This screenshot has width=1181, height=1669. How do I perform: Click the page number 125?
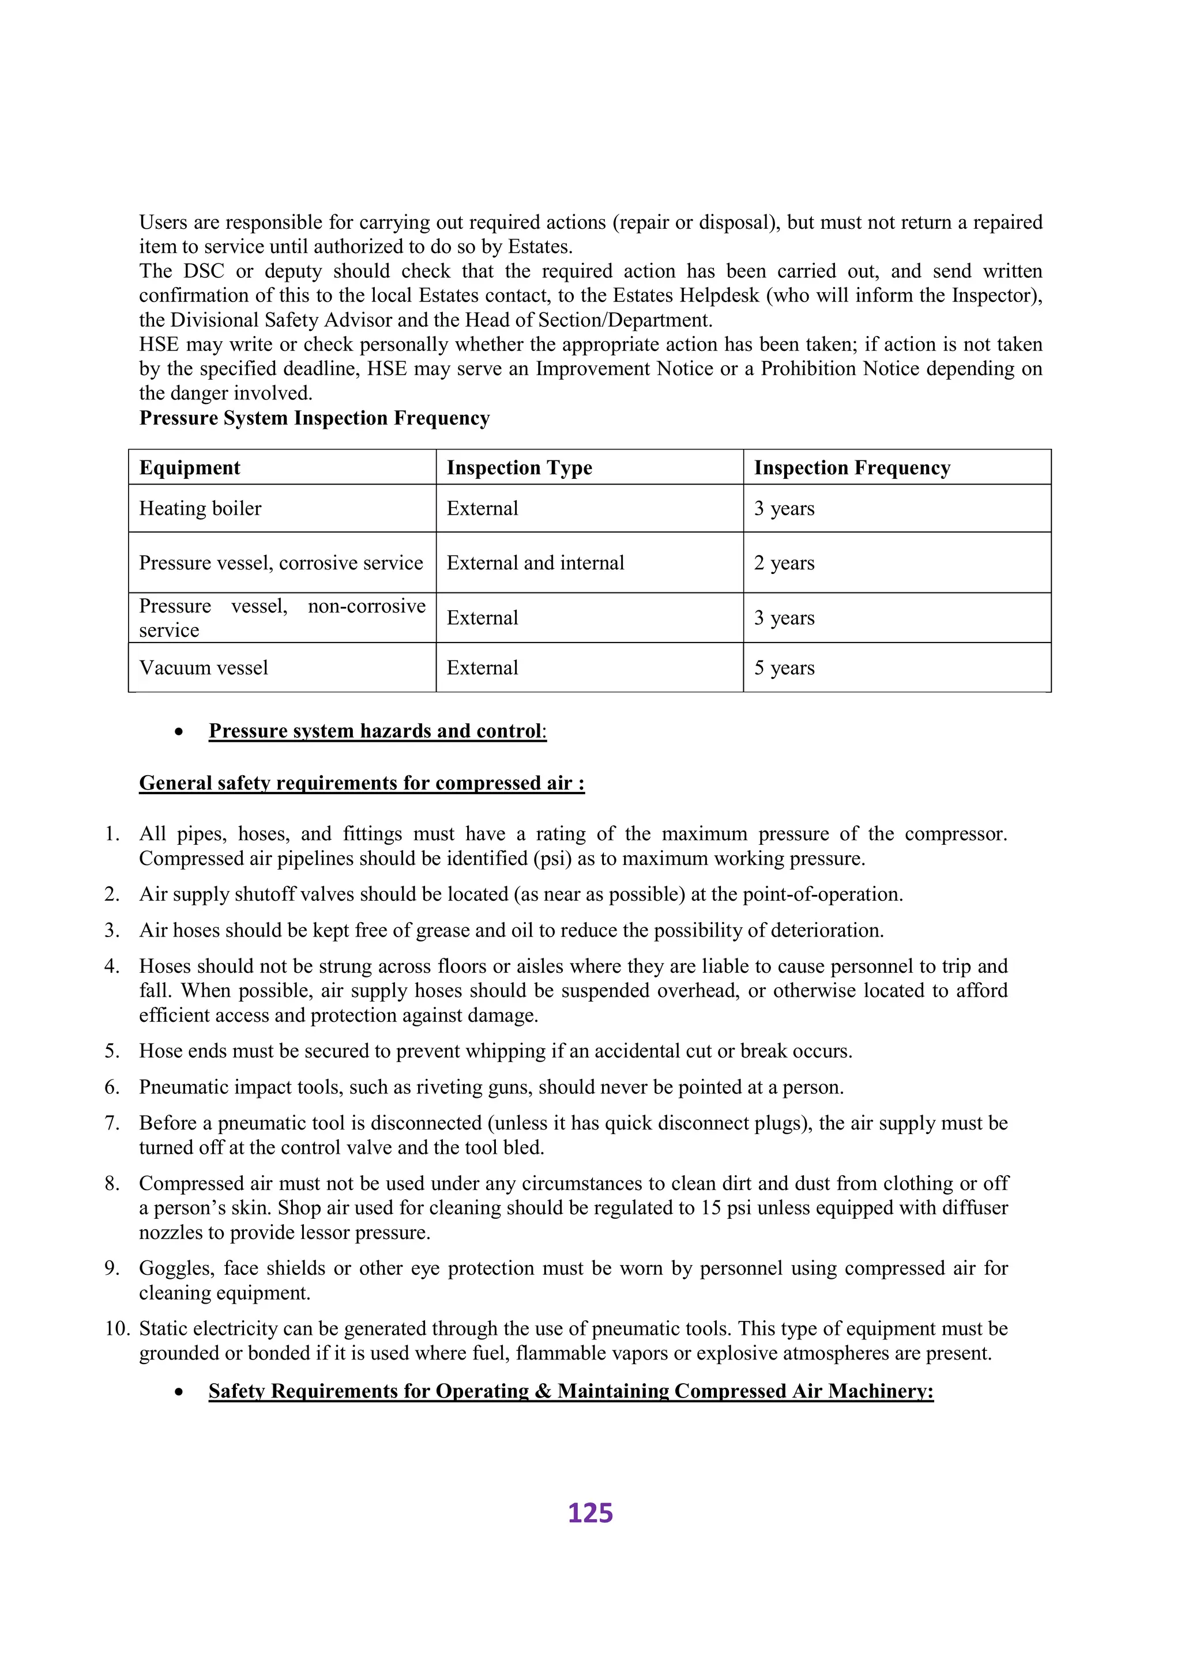(590, 1513)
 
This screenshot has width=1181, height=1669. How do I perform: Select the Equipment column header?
(190, 467)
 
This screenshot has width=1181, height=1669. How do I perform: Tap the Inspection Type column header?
(519, 467)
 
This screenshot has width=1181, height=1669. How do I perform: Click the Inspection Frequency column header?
(852, 467)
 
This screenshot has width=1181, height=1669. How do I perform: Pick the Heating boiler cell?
(200, 508)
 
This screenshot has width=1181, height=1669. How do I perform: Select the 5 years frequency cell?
(784, 667)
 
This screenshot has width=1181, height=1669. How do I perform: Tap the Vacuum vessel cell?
(204, 667)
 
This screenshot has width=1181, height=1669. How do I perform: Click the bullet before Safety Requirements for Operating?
(178, 1391)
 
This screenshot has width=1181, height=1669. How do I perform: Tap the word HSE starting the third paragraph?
(159, 344)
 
